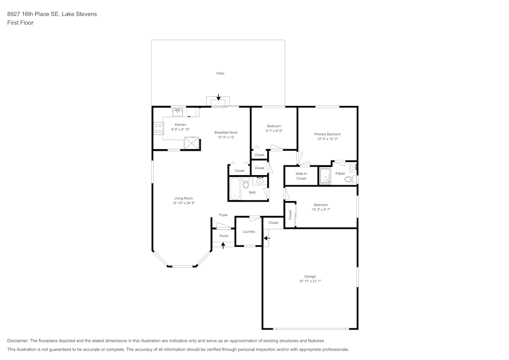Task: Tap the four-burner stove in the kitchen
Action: [x=158, y=128]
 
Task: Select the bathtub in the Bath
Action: [x=235, y=188]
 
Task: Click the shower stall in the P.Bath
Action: [x=325, y=176]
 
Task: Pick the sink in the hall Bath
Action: [x=261, y=180]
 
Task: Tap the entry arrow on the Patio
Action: [x=219, y=97]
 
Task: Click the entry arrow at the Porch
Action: [x=223, y=245]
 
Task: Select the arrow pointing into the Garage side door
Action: [x=267, y=238]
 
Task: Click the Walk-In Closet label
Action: [x=301, y=176]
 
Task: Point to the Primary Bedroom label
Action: [x=327, y=134]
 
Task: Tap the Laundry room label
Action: [x=249, y=232]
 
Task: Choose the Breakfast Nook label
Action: [x=226, y=132]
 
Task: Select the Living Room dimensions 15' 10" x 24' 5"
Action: [x=183, y=203]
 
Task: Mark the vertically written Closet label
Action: [x=291, y=215]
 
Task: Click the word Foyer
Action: [x=223, y=215]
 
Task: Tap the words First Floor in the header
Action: [x=20, y=23]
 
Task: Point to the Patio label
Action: [x=220, y=73]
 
